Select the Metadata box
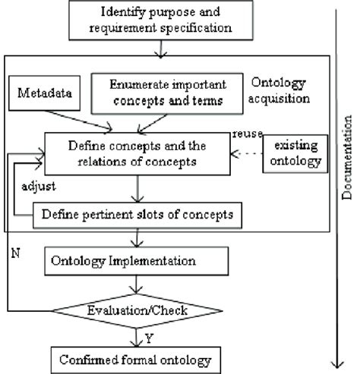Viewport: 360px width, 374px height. coord(43,96)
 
